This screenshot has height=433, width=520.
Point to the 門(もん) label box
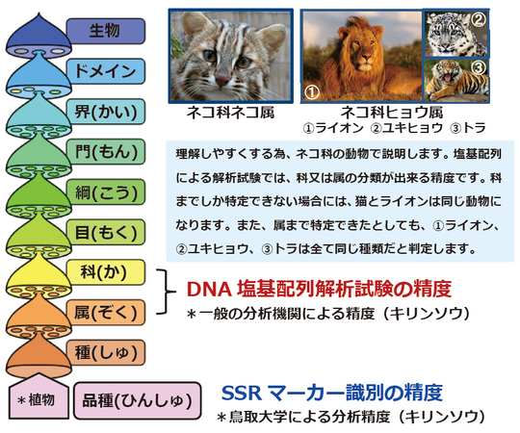point(105,152)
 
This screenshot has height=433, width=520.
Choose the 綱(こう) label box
point(105,192)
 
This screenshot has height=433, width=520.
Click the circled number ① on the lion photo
point(313,92)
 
